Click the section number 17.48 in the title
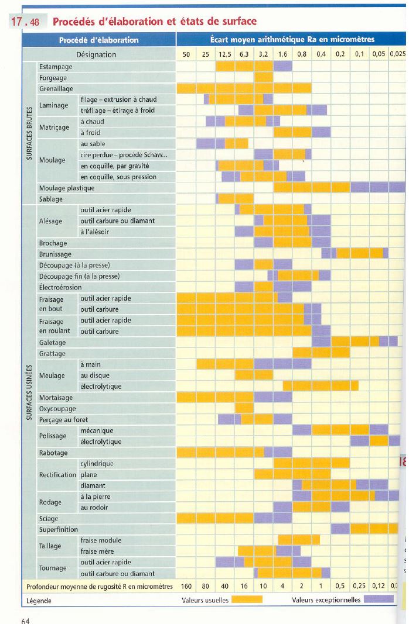(x=25, y=22)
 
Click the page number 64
(x=26, y=620)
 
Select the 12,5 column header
(x=225, y=54)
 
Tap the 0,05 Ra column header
(x=378, y=54)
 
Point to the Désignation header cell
(x=96, y=54)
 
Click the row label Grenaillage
(x=56, y=89)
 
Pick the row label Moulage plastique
(x=66, y=188)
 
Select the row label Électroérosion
(x=60, y=287)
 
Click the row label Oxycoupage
(x=57, y=409)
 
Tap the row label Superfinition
(x=59, y=530)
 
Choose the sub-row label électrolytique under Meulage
(x=101, y=387)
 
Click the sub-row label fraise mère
(x=97, y=551)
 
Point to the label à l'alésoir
(x=95, y=232)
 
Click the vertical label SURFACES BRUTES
(x=29, y=133)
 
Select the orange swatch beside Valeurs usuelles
(x=247, y=600)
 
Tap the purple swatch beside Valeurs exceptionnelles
(x=379, y=600)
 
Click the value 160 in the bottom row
(x=186, y=586)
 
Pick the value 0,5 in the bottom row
(x=340, y=586)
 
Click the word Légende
(x=39, y=601)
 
